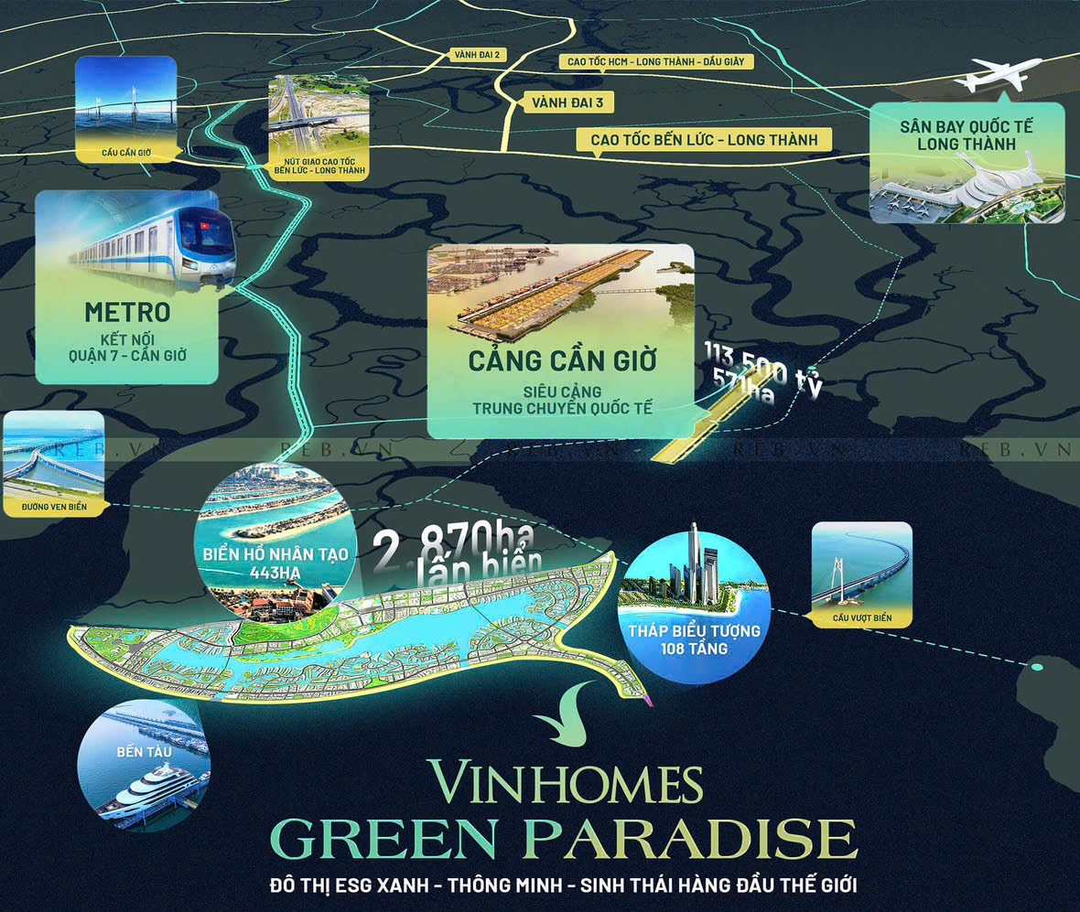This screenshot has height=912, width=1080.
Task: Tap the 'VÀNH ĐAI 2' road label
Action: [476, 55]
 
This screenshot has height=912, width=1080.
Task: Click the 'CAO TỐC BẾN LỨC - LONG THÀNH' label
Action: [697, 140]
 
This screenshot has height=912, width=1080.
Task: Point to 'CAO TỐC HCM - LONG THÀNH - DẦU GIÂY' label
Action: [656, 61]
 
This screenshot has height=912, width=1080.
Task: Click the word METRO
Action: [127, 312]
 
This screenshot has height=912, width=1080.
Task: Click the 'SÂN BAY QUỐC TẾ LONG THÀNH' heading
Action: [966, 135]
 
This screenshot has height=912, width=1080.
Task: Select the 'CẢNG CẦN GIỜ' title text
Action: [562, 360]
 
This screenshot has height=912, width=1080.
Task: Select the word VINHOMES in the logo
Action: [567, 783]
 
